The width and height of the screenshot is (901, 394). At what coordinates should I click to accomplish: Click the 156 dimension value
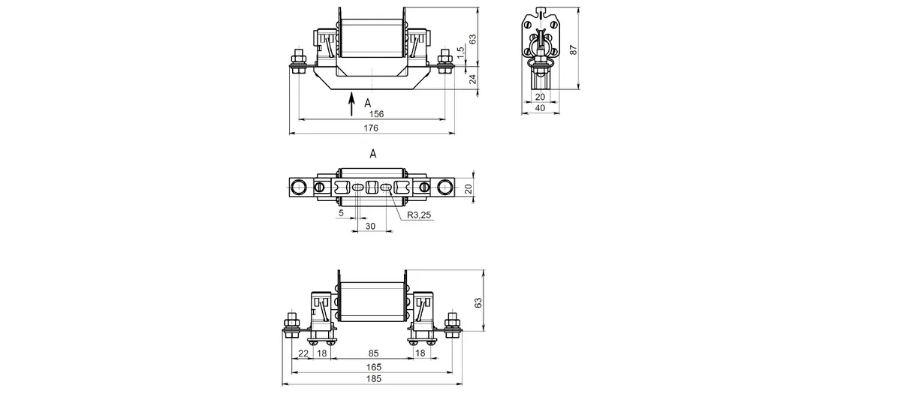[x=376, y=114]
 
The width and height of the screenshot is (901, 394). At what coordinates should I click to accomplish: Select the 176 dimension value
[x=371, y=128]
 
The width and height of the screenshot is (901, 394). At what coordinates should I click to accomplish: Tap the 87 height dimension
[x=574, y=50]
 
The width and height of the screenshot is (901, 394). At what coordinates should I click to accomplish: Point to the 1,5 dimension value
[x=461, y=53]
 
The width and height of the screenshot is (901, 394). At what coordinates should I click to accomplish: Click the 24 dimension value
[x=474, y=79]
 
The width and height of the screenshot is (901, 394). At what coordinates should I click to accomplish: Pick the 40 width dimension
[x=540, y=108]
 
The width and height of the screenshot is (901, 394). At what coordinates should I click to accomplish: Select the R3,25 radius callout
[x=419, y=215]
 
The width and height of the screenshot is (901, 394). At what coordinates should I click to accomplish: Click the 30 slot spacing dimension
[x=370, y=227]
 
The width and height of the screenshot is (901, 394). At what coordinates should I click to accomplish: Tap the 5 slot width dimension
[x=341, y=213]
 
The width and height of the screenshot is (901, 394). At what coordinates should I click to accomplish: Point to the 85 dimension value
[x=374, y=353]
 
